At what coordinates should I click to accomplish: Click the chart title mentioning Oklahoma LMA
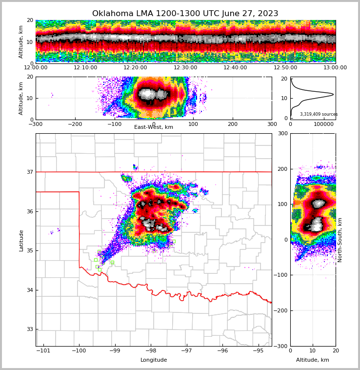coord(185,14)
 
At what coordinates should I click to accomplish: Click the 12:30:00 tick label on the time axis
coord(185,68)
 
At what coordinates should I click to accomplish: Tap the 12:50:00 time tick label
coord(285,68)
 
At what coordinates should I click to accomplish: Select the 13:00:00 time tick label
coord(335,68)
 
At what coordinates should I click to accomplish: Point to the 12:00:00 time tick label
coord(36,68)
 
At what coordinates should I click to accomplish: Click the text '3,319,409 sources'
coord(319,114)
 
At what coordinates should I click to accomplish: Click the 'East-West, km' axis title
coord(154,127)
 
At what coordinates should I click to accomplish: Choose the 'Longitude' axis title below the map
coord(154,360)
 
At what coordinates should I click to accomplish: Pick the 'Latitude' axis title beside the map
coord(21,240)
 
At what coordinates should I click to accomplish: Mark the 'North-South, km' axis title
coord(340,240)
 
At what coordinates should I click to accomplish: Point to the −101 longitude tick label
coord(43,351)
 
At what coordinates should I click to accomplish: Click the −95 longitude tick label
coord(259,351)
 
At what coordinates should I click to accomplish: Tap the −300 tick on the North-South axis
coord(281,346)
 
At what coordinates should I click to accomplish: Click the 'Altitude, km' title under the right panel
coord(313,360)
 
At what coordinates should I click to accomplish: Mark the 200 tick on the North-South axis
coord(283,168)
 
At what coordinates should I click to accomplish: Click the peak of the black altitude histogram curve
coord(333,94)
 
